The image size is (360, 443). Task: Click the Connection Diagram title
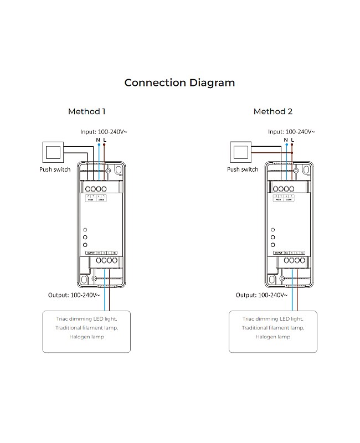click(x=179, y=83)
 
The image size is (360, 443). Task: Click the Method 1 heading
click(x=86, y=111)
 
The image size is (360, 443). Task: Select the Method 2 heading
click(x=272, y=111)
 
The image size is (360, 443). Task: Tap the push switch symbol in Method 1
click(x=54, y=151)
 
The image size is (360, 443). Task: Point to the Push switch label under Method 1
click(x=55, y=169)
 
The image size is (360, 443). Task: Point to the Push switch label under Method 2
click(x=243, y=169)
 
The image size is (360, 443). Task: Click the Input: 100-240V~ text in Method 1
click(x=104, y=132)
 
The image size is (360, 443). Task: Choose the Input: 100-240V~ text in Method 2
click(x=291, y=132)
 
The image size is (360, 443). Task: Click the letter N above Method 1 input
click(x=98, y=140)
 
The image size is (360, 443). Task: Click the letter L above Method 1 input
click(x=104, y=140)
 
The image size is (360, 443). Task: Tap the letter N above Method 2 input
click(x=286, y=140)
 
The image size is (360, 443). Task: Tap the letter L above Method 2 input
click(x=292, y=140)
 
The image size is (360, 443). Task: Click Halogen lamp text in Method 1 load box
click(x=86, y=337)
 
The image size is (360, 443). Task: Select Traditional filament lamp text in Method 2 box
click(x=272, y=328)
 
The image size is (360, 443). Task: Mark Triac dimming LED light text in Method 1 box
click(x=86, y=319)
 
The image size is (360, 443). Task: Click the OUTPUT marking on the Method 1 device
click(x=91, y=253)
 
